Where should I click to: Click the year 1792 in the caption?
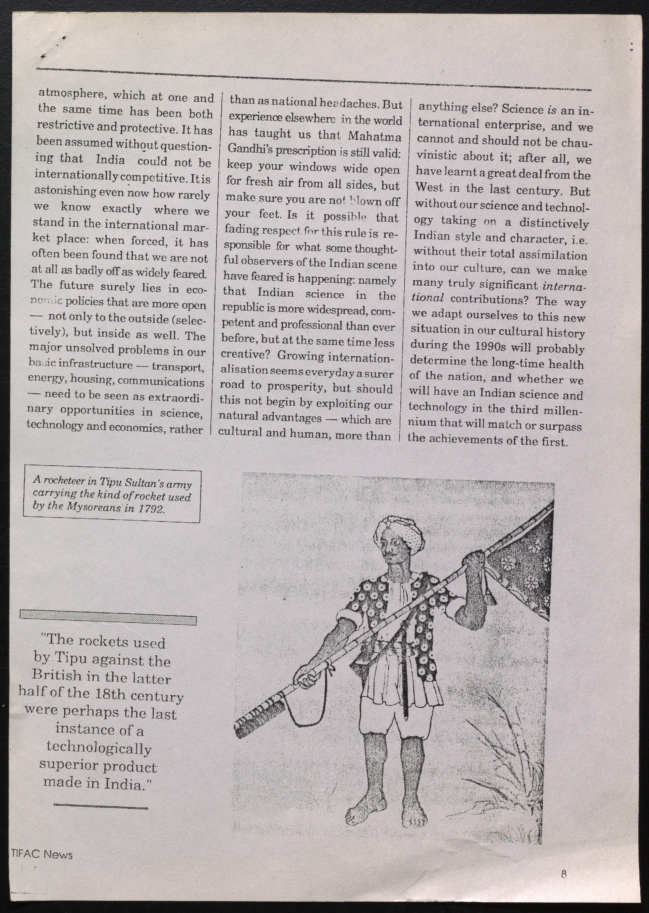151,509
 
